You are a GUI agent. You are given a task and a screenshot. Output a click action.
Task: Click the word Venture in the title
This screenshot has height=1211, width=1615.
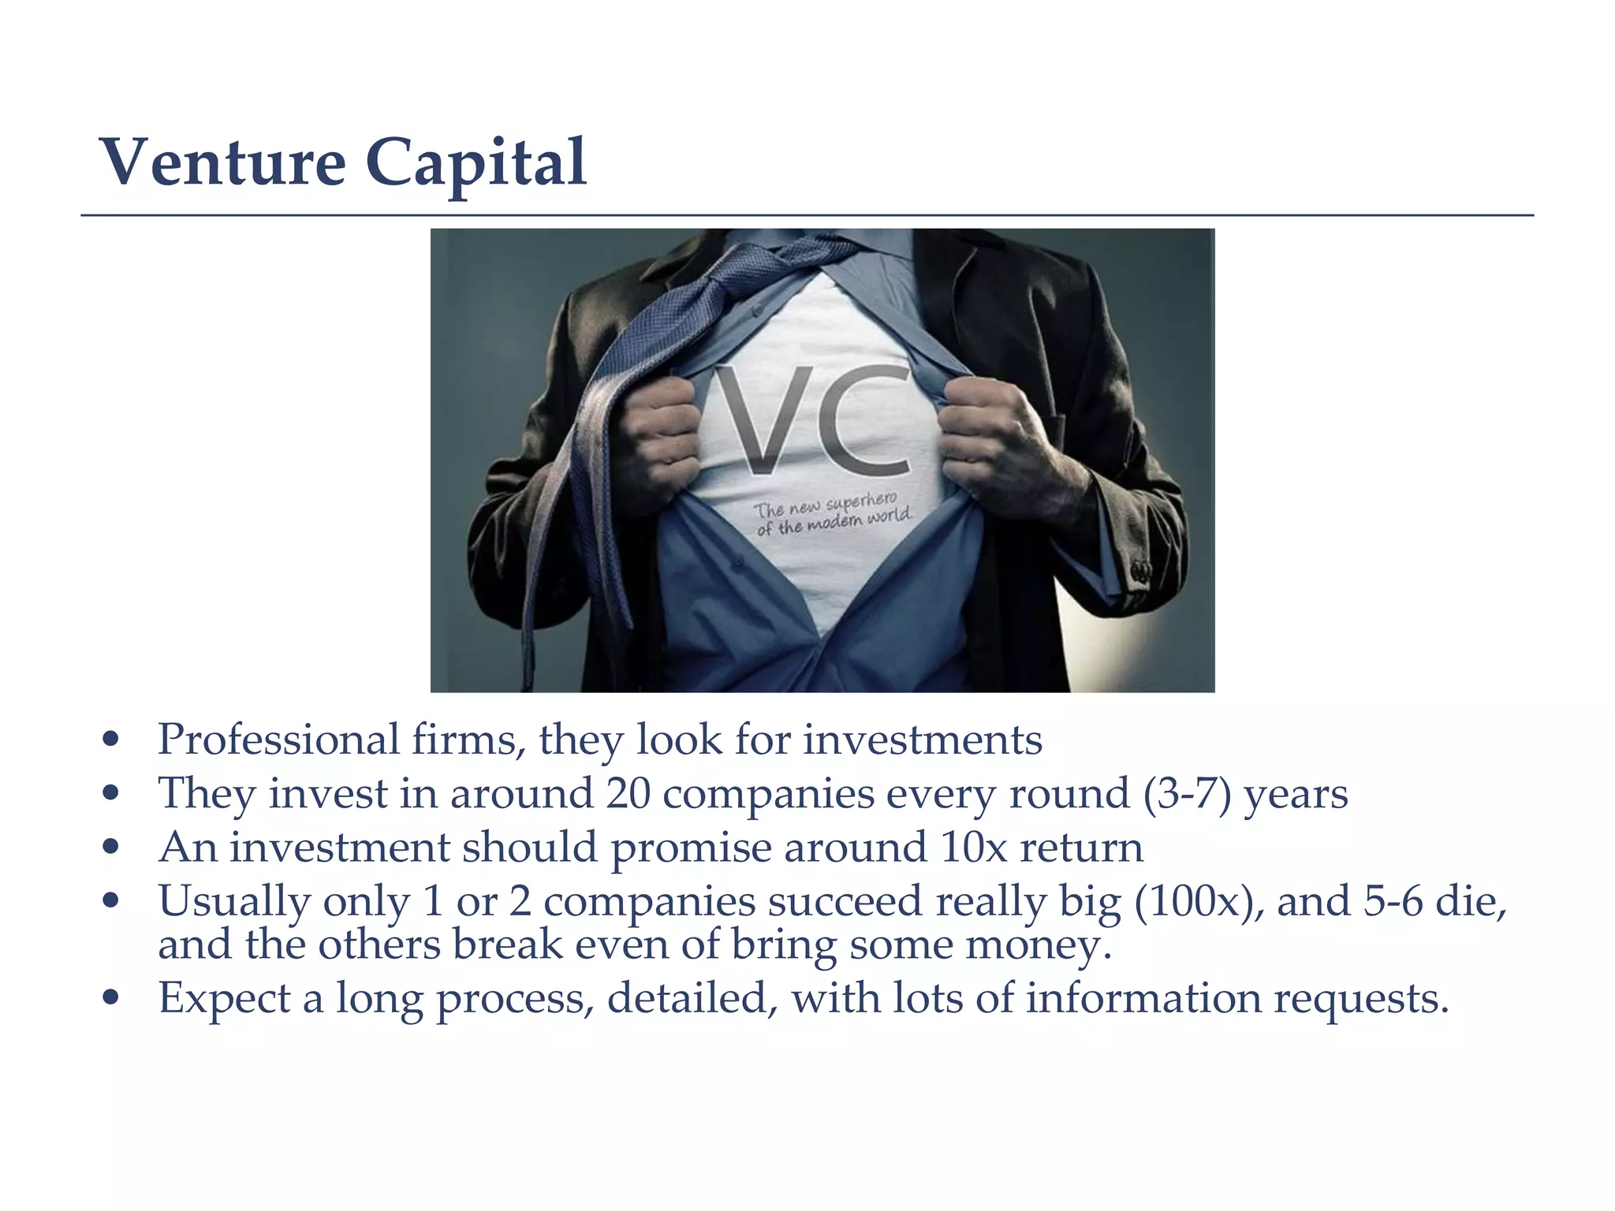(223, 162)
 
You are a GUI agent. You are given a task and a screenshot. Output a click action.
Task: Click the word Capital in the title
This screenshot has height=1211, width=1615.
(476, 162)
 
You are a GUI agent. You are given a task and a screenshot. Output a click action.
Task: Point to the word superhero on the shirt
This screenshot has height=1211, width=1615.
(861, 502)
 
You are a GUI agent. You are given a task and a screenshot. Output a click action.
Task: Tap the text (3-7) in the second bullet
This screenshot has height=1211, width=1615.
(1187, 794)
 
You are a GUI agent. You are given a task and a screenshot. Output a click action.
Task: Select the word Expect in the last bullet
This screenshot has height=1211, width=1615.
(225, 999)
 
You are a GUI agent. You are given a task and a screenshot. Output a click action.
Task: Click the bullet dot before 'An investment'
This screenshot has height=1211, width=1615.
(111, 848)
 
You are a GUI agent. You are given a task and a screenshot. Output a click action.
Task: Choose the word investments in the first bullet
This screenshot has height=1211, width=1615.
(923, 740)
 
